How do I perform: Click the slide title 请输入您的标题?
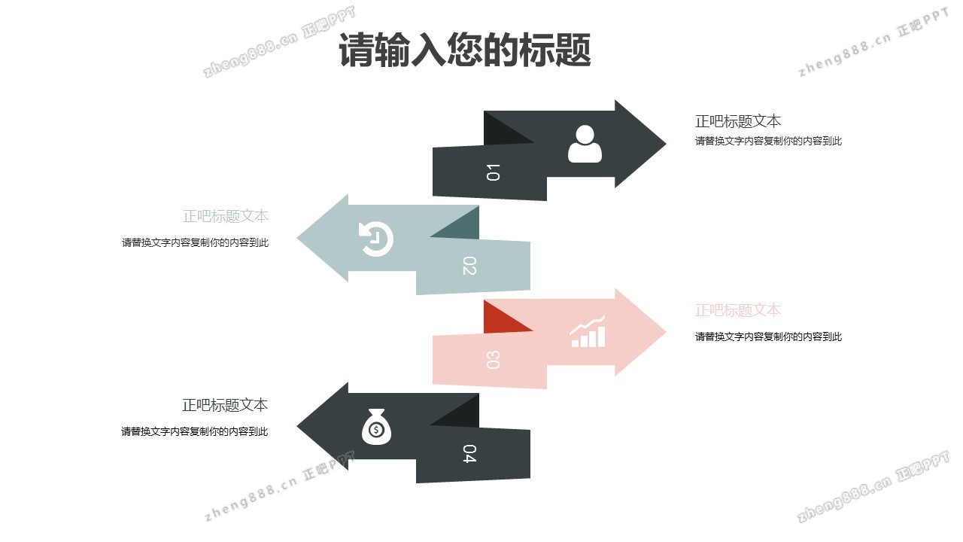[464, 50]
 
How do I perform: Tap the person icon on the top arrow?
[585, 144]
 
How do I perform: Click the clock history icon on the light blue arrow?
[375, 239]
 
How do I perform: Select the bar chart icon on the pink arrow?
[588, 332]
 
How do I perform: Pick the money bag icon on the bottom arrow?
[376, 427]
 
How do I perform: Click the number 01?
[493, 172]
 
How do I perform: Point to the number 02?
[469, 266]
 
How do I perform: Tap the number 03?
[493, 360]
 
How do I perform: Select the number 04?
[469, 454]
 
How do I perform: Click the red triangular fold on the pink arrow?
[500, 318]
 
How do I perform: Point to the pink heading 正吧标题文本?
[737, 310]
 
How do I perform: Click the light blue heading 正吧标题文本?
[225, 216]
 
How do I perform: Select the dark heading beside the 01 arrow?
[737, 121]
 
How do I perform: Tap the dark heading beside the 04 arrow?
[225, 405]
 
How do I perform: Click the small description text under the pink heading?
[768, 336]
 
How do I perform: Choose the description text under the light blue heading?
[195, 242]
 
